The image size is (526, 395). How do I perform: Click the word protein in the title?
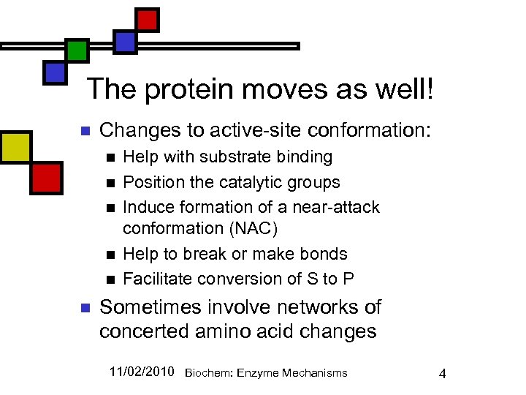pyautogui.click(x=191, y=90)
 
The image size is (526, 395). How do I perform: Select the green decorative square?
pyautogui.click(x=77, y=50)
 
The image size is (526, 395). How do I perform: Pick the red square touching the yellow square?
pyautogui.click(x=46, y=178)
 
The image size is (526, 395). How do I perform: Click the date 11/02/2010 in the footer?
pyautogui.click(x=142, y=372)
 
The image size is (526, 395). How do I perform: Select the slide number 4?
pyautogui.click(x=441, y=374)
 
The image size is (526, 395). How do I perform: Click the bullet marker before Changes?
pyautogui.click(x=83, y=132)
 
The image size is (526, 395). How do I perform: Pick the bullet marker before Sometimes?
pyautogui.click(x=83, y=308)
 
